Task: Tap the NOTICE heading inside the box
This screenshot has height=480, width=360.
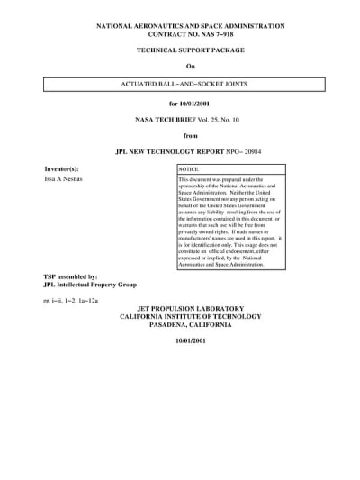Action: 189,169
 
